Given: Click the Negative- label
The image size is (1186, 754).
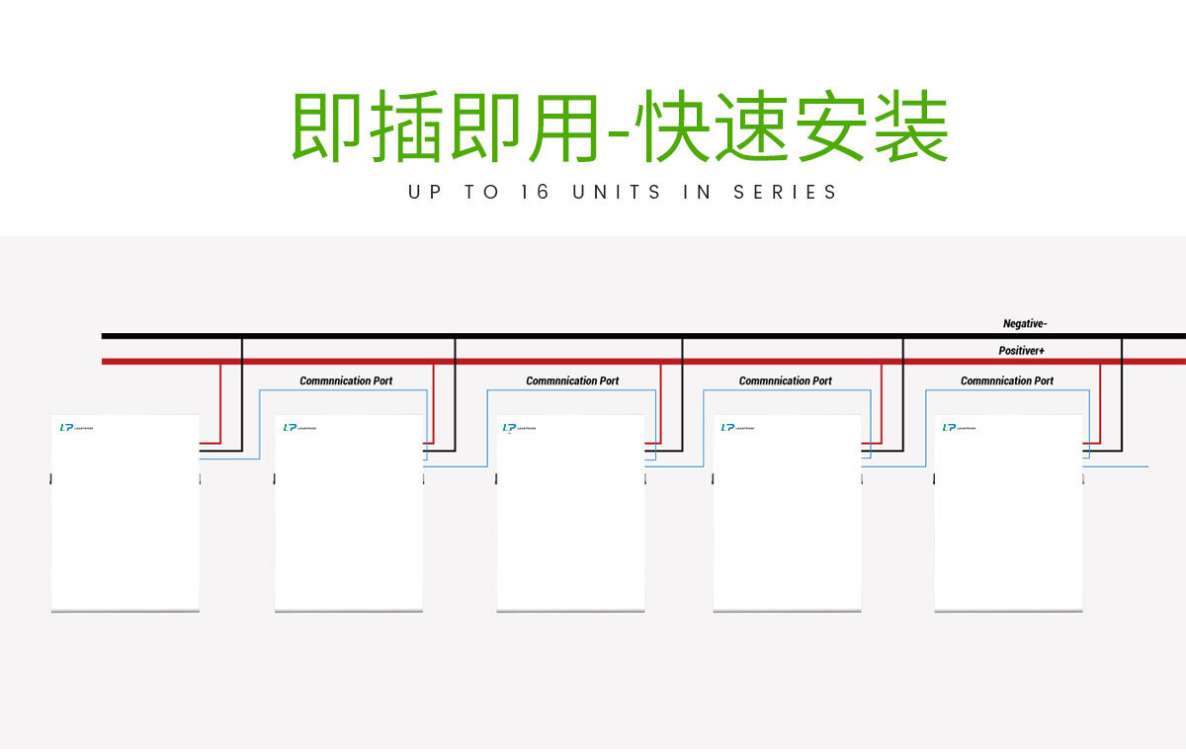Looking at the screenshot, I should tap(1025, 323).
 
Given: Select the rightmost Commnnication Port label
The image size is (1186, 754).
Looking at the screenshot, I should tap(1007, 380).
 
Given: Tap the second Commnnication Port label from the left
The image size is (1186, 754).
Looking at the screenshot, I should tap(572, 380).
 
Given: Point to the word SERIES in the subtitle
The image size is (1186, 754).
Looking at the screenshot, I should tap(785, 192).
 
